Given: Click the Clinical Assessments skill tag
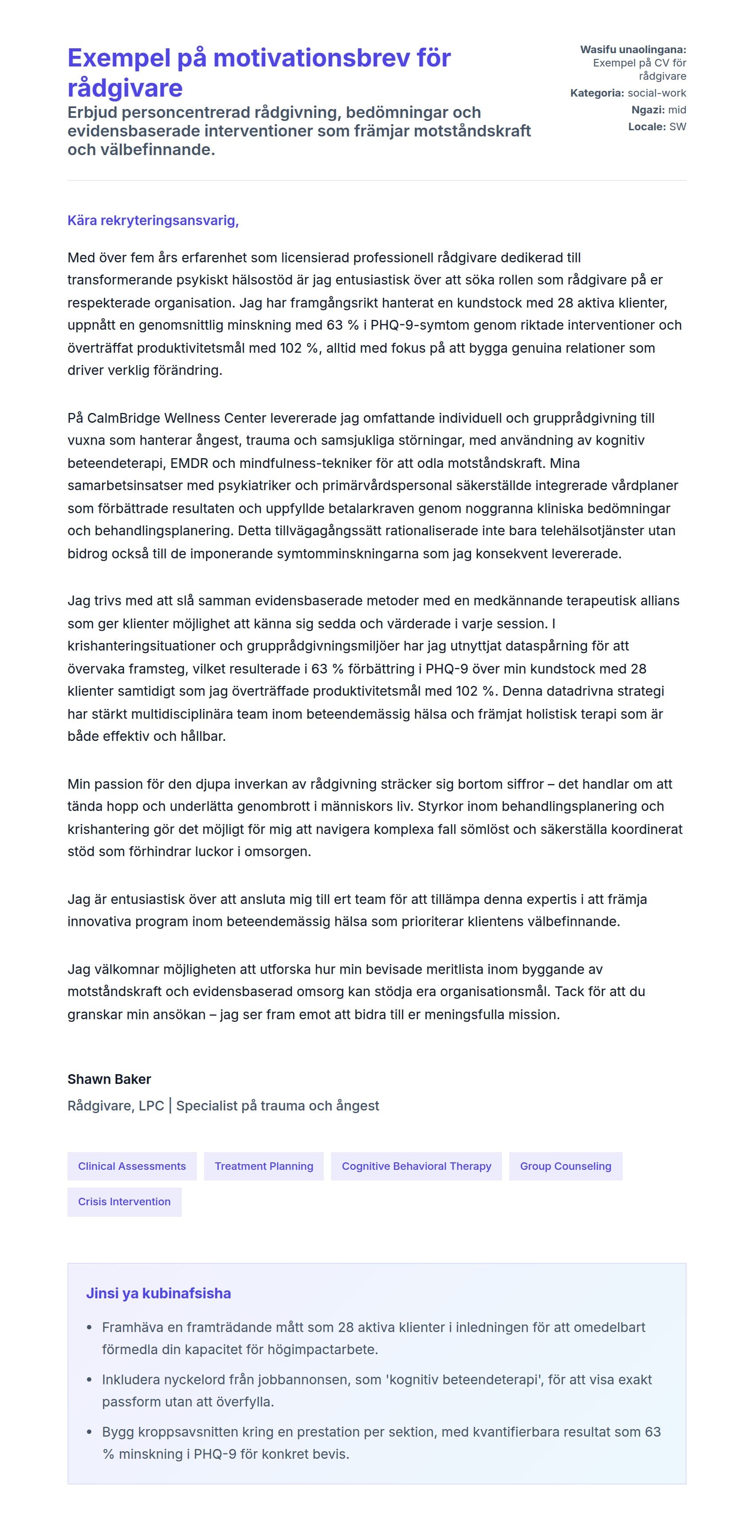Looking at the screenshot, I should [132, 1166].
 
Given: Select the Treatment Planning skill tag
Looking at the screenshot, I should [263, 1166].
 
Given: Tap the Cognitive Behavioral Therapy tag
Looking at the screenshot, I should [416, 1166].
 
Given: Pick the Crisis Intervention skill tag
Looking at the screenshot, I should [124, 1202].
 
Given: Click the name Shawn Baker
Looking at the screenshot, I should [109, 1079].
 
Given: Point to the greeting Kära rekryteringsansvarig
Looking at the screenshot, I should [153, 221].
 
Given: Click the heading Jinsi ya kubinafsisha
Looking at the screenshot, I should [158, 1293].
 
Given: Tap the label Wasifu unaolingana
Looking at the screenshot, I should [632, 50].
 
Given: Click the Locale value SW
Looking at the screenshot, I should [677, 127].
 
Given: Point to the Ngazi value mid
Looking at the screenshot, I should [676, 109].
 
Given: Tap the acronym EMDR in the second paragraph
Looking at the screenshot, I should [188, 463].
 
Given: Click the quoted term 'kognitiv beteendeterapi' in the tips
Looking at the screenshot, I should [463, 1379].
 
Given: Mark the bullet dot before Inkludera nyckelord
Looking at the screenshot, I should [90, 1379].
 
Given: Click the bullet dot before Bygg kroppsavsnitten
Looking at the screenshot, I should [90, 1432].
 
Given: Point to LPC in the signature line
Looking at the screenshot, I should [151, 1106].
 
